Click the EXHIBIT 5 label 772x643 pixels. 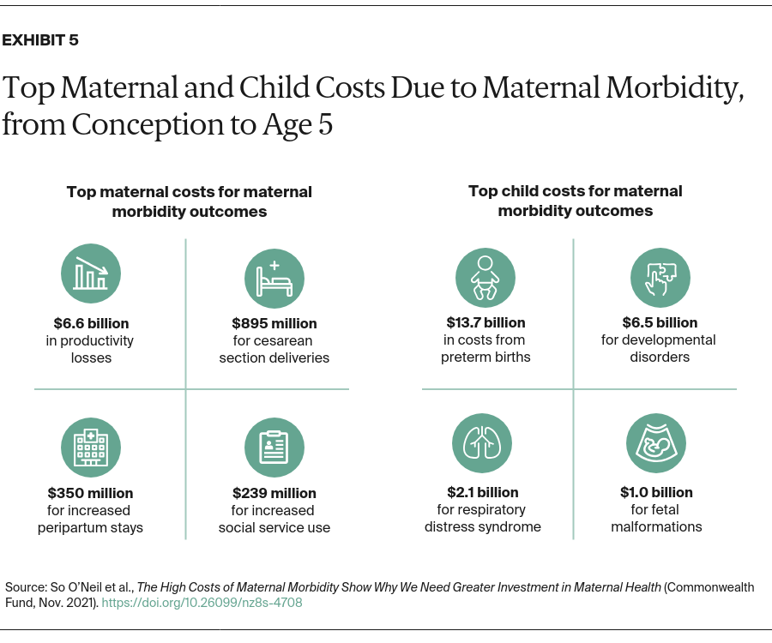tap(41, 40)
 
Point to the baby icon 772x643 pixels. tap(486, 277)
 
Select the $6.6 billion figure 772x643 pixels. tap(91, 323)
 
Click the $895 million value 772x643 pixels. tap(274, 323)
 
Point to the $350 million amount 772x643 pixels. tap(91, 493)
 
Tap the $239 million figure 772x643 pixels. tap(274, 493)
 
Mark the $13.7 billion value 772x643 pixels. tap(486, 322)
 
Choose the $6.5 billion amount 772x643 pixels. tap(660, 322)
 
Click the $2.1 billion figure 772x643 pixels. tap(482, 492)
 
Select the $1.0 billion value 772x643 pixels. tap(656, 492)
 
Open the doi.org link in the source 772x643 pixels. tap(202, 603)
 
